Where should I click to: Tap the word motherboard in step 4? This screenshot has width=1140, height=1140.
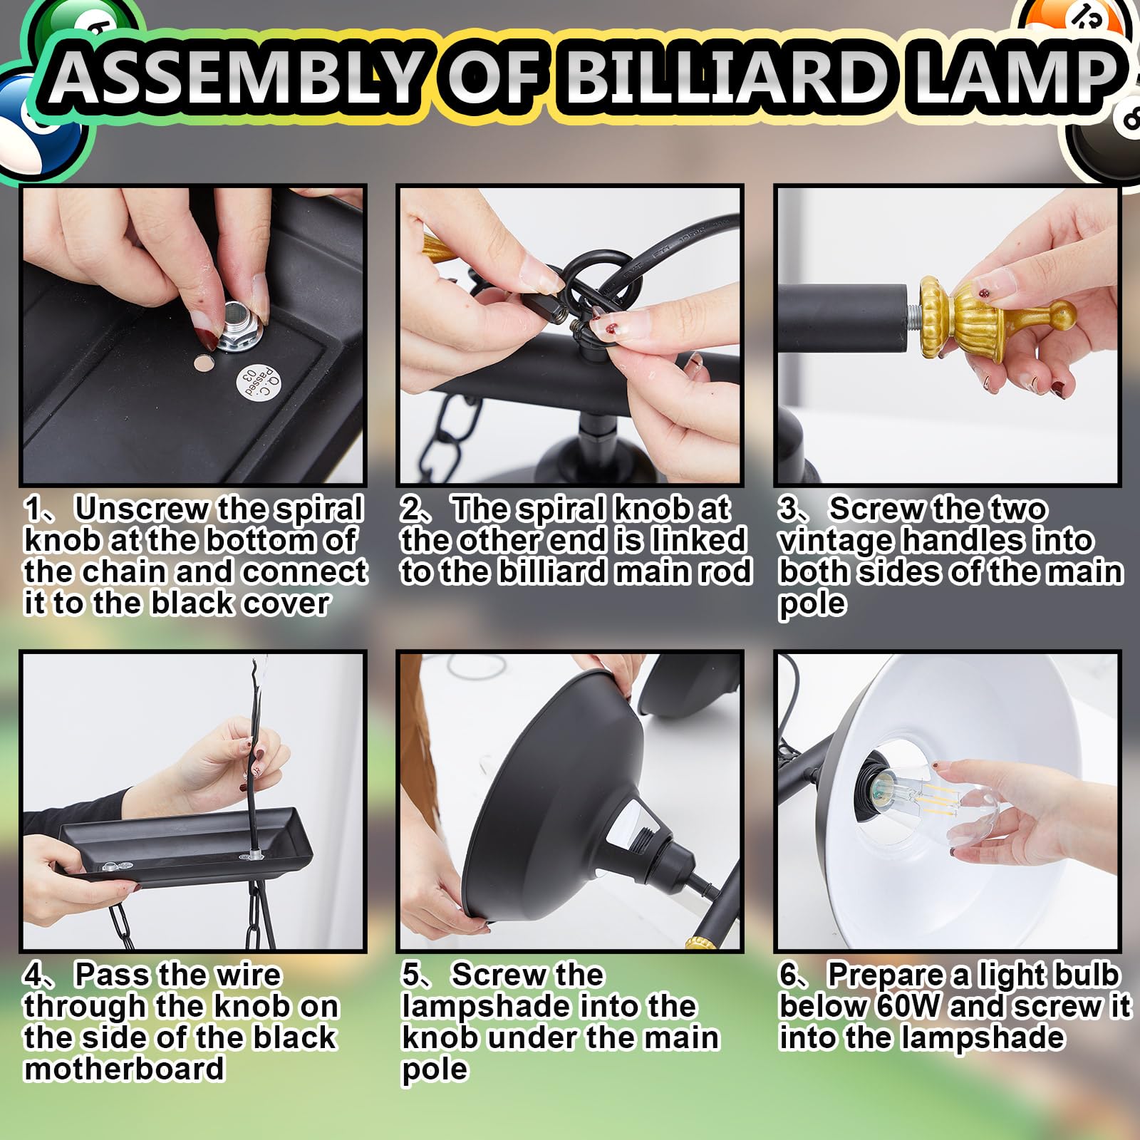[124, 1069]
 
